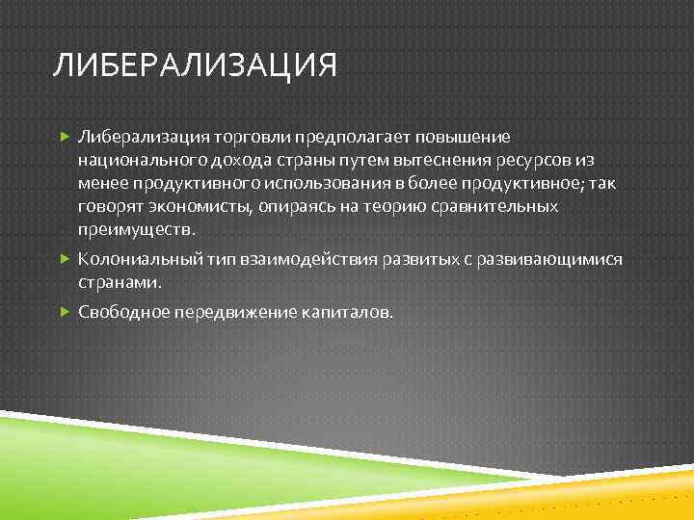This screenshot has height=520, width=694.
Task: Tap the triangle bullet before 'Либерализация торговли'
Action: coord(64,138)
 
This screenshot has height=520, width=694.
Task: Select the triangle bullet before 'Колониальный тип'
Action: coord(64,260)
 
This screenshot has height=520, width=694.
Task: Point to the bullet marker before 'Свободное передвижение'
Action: coord(64,312)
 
